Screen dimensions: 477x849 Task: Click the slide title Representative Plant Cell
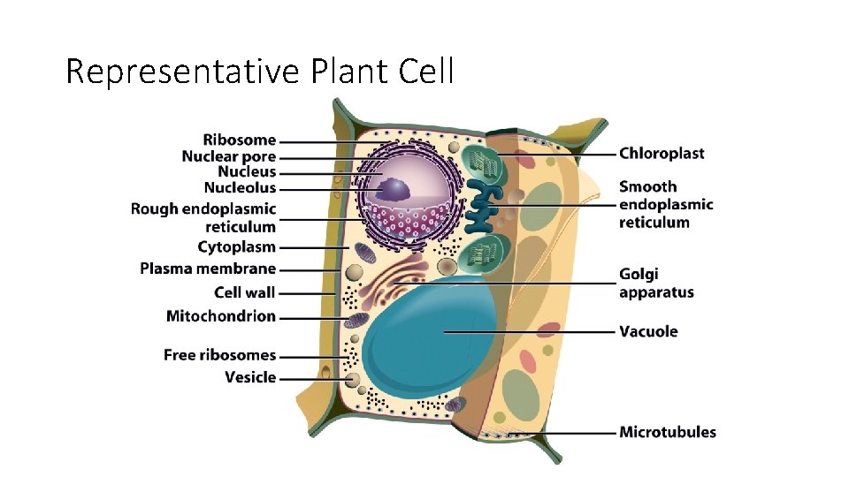pyautogui.click(x=259, y=72)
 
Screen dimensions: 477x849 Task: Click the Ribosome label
pyautogui.click(x=239, y=140)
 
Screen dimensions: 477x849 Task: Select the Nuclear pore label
pyautogui.click(x=228, y=156)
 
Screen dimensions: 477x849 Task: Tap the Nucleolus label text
pyautogui.click(x=240, y=188)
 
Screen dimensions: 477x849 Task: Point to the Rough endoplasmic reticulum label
pyautogui.click(x=203, y=218)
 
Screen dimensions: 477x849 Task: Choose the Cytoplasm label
pyautogui.click(x=236, y=247)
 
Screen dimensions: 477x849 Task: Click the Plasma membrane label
pyautogui.click(x=208, y=269)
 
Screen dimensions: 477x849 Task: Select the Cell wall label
pyautogui.click(x=244, y=292)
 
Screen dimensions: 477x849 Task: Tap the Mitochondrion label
pyautogui.click(x=221, y=316)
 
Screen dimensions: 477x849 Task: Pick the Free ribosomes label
pyautogui.click(x=219, y=355)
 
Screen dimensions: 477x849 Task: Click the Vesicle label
pyautogui.click(x=250, y=377)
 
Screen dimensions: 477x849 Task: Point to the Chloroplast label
pyautogui.click(x=662, y=154)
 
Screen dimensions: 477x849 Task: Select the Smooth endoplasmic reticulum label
pyautogui.click(x=666, y=204)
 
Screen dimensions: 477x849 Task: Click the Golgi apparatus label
pyautogui.click(x=656, y=284)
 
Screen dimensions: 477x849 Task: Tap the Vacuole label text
pyautogui.click(x=648, y=332)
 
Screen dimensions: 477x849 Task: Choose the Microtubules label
pyautogui.click(x=668, y=432)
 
